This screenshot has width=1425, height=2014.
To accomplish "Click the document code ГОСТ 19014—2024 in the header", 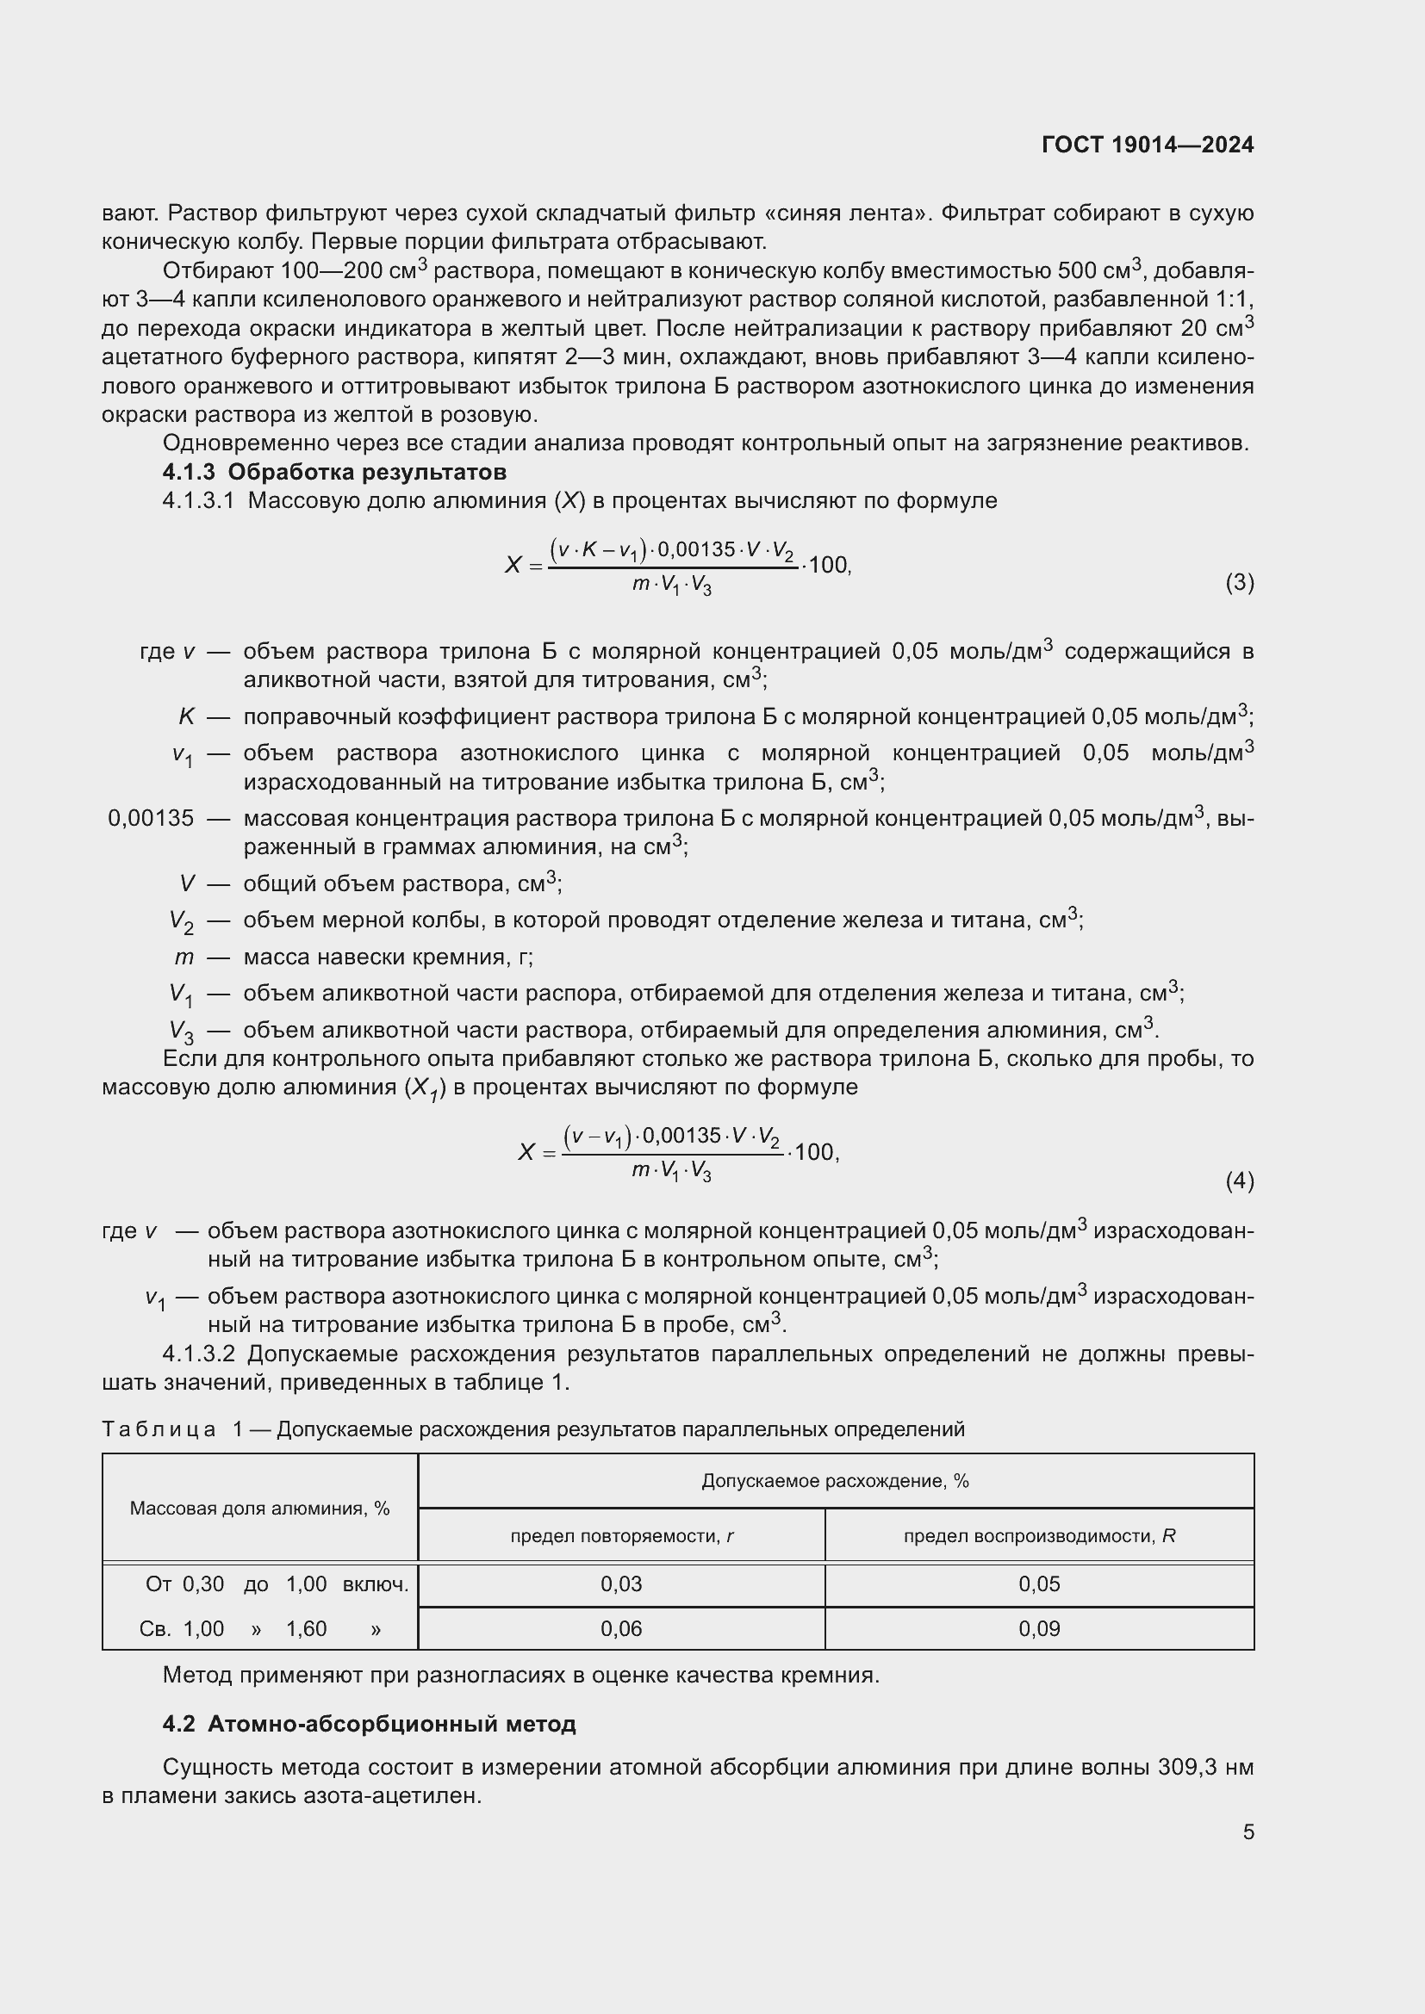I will click(1147, 145).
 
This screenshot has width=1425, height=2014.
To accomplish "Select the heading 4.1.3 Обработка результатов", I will click(334, 472).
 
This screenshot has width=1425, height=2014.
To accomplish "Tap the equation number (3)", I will click(1239, 582).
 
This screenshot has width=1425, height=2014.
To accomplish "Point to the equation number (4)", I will click(1239, 1181).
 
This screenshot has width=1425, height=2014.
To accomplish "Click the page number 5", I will click(1248, 1831).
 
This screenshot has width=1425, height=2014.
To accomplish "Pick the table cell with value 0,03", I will click(621, 1584).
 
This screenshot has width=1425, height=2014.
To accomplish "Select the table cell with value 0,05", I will click(1039, 1584).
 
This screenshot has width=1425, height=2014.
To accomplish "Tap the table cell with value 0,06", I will click(621, 1629).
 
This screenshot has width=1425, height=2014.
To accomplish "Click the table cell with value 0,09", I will click(1039, 1629).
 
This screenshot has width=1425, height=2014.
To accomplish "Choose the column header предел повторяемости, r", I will click(621, 1536).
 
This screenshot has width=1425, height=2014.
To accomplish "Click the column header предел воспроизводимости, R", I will click(1039, 1536).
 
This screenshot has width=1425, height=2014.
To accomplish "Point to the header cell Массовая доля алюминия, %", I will click(259, 1509).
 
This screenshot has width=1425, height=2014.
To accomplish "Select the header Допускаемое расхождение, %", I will click(835, 1482).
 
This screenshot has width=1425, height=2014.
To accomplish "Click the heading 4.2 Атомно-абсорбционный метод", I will click(369, 1724).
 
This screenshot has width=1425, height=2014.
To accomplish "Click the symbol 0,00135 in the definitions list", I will click(151, 818).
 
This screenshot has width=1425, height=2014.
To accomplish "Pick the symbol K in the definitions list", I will click(186, 716).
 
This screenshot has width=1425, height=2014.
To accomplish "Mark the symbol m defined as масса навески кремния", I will click(184, 957).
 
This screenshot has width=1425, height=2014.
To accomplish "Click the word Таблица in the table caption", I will click(159, 1429).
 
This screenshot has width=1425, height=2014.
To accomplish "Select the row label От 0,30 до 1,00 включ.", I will click(277, 1584).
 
